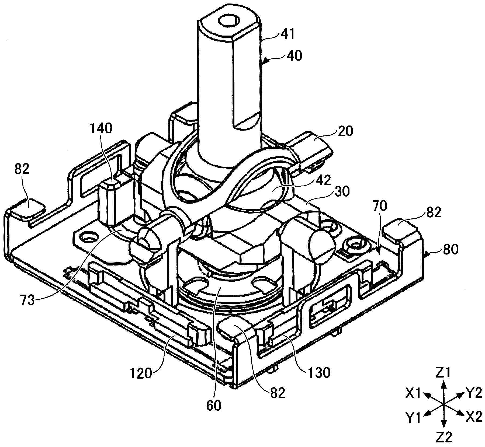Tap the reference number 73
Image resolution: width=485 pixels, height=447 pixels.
click(28, 300)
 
